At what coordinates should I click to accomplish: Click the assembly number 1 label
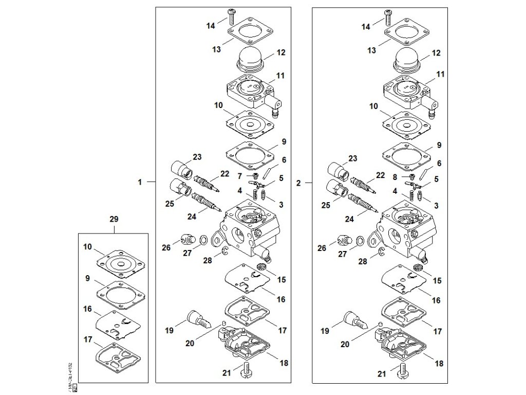pos(139,182)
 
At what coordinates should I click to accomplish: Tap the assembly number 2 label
pos(299,182)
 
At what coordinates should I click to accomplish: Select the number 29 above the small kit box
pos(114,219)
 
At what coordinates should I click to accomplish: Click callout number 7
pos(239,176)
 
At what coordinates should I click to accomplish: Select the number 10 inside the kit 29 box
pos(87,247)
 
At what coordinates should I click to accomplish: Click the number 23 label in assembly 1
pos(197,157)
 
